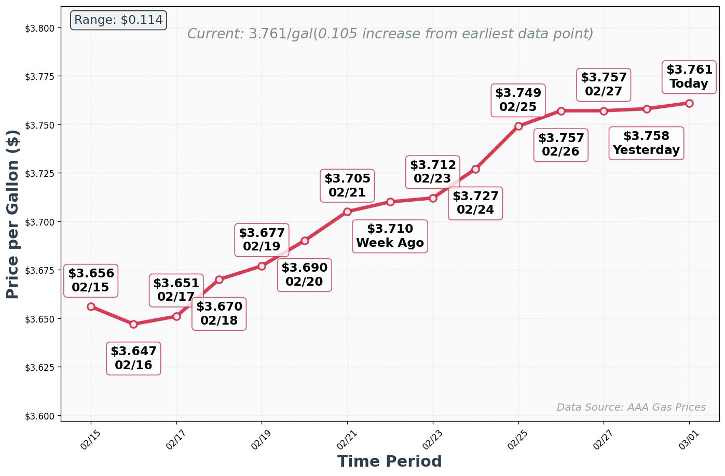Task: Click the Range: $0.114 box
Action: tap(118, 20)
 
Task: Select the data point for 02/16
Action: tap(133, 324)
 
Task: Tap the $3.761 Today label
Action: tap(689, 77)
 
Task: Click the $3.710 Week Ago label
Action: tap(390, 236)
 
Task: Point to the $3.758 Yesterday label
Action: tap(646, 143)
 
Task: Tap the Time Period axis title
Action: tap(389, 461)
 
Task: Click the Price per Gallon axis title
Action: tap(12, 214)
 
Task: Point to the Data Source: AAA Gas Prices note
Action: tap(631, 408)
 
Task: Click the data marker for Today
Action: tap(689, 103)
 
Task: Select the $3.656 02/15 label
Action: tap(91, 281)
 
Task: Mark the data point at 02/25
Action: tap(518, 126)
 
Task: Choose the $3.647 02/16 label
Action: tap(133, 358)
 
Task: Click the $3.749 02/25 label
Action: tap(518, 100)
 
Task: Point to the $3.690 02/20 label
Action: tap(304, 275)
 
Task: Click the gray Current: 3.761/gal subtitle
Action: tap(390, 34)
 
